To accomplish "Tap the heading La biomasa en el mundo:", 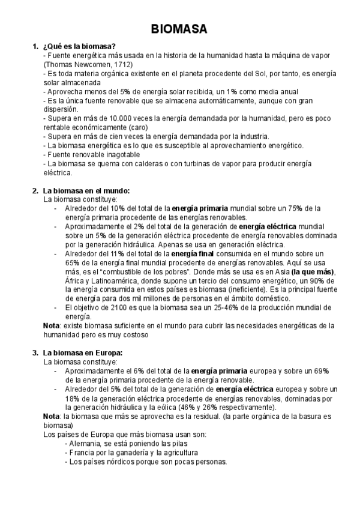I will click(86, 191).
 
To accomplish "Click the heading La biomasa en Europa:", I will click(83, 353).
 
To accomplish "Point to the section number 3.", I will click(35, 353).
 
